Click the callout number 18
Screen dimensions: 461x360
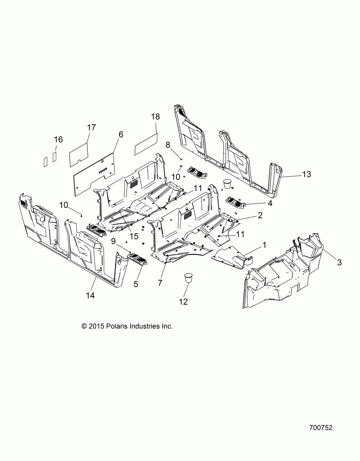[156, 117]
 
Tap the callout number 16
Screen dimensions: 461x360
[58, 139]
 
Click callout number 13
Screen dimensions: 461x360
[306, 174]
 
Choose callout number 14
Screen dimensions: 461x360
[90, 296]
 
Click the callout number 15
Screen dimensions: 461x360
[134, 236]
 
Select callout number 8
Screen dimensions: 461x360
[168, 145]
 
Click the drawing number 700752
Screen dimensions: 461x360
[320, 428]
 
